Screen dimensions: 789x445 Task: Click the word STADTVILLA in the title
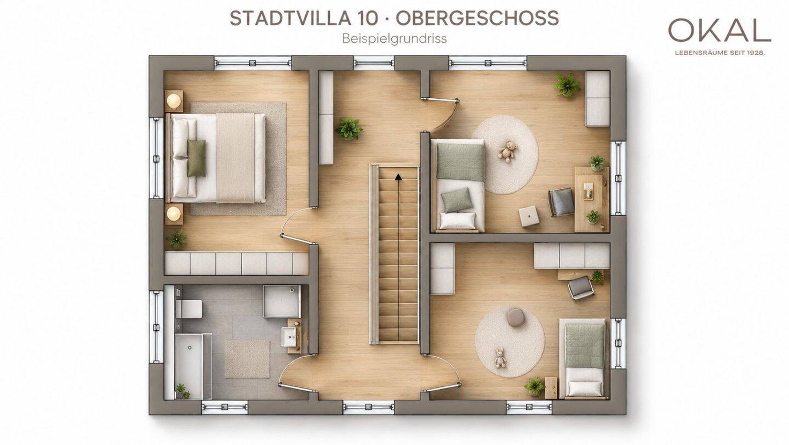click(x=290, y=18)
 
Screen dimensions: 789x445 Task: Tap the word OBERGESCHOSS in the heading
click(x=477, y=18)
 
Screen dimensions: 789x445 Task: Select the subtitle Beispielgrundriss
click(x=394, y=38)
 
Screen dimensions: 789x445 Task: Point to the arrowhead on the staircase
click(x=398, y=177)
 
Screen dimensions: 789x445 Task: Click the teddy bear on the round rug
click(x=506, y=151)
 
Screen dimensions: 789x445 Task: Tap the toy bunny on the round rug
click(x=500, y=358)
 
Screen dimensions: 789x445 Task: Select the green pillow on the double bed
click(x=196, y=158)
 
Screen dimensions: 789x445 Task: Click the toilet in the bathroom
click(x=188, y=309)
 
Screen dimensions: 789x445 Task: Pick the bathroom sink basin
click(x=289, y=336)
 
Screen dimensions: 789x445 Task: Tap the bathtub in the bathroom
click(x=189, y=367)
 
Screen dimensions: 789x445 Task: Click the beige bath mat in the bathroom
click(x=247, y=359)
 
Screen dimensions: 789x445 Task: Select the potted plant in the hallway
click(x=349, y=128)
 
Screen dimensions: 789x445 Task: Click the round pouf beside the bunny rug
click(x=516, y=317)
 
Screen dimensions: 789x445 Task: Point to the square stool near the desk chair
click(x=528, y=216)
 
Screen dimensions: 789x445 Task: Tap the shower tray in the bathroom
click(x=282, y=301)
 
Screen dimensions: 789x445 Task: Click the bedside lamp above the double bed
click(x=174, y=101)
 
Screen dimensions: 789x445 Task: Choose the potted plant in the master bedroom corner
click(x=176, y=239)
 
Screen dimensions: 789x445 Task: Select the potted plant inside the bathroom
click(x=182, y=391)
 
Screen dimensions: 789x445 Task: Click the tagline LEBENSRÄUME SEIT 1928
click(x=719, y=53)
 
